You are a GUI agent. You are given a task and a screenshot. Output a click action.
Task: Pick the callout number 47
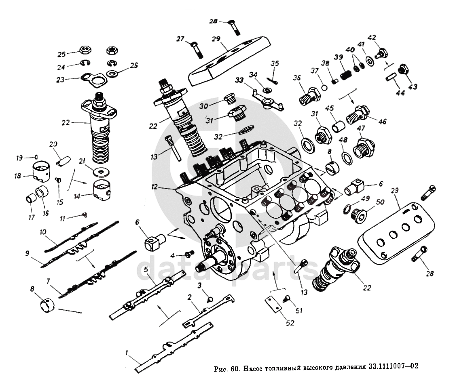pyautogui.click(x=361, y=128)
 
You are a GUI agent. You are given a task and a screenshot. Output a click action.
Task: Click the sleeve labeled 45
pyautogui.click(x=338, y=124)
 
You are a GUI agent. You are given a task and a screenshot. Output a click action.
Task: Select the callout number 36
pyautogui.click(x=297, y=78)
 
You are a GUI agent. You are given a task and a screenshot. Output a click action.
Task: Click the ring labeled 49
pyautogui.click(x=347, y=208)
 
